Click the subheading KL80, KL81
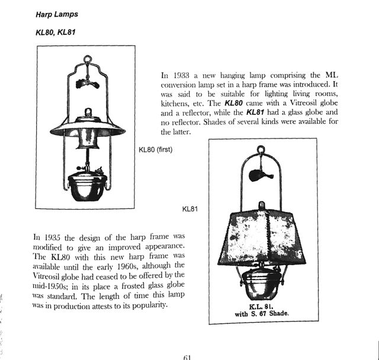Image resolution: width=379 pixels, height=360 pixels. tap(56, 32)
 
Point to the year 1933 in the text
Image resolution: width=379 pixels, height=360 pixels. tap(184, 76)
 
